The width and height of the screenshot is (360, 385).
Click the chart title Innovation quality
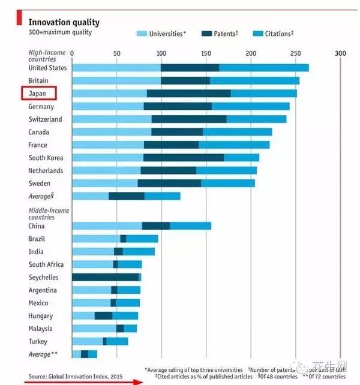click(x=64, y=23)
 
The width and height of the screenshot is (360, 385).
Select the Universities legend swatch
click(x=142, y=34)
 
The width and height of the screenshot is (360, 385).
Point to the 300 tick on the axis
click(x=340, y=53)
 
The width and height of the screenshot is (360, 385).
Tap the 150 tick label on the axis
click(x=206, y=53)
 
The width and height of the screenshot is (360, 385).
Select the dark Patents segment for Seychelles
click(x=106, y=277)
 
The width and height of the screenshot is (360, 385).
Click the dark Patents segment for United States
click(x=190, y=68)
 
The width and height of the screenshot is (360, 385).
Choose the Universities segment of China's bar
click(x=107, y=226)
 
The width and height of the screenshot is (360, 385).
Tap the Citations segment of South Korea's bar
click(x=241, y=158)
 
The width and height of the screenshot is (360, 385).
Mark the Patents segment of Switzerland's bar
click(x=188, y=119)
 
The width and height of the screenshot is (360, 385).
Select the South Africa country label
click(x=46, y=264)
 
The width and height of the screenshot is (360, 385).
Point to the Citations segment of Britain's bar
click(x=254, y=80)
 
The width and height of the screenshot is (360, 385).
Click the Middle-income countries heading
click(x=49, y=214)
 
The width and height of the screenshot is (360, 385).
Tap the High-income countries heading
click(x=47, y=56)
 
